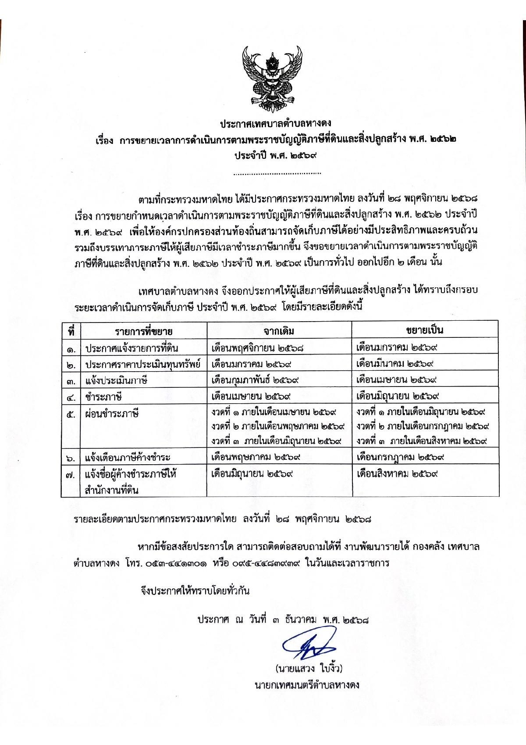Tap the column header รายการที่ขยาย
144,330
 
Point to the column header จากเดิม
279,330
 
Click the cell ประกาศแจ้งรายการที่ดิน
131,348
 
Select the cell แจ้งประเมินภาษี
116,380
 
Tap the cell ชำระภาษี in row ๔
103,397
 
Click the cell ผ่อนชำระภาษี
112,413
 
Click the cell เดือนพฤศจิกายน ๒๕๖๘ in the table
258,348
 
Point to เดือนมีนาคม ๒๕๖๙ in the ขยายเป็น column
395,364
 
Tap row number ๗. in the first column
71,475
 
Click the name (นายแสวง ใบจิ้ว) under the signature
309,669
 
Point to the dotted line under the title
277,174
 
